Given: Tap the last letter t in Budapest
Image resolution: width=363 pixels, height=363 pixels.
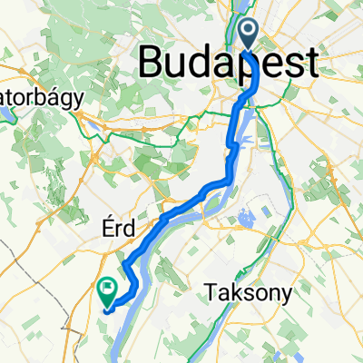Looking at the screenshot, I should (310, 64).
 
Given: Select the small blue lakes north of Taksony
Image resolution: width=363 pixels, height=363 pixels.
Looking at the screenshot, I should (243, 219).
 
